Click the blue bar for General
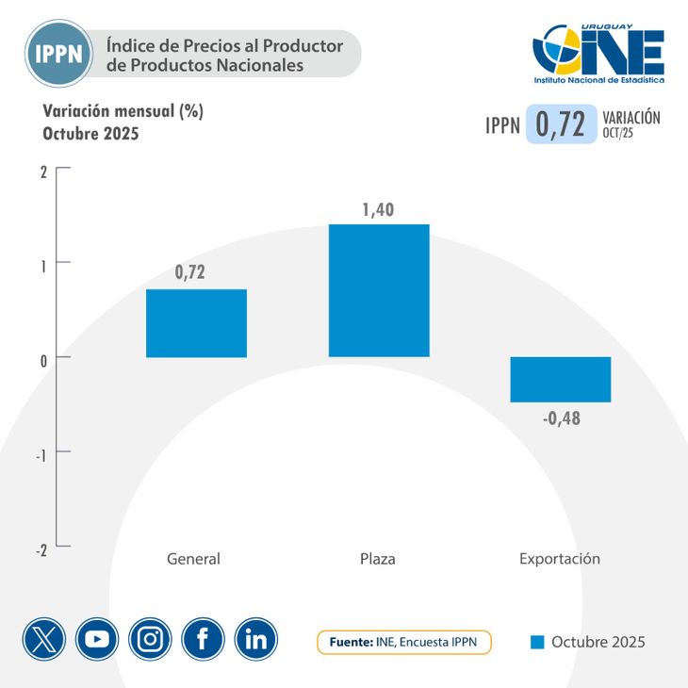tap(196, 323)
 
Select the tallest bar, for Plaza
tap(378, 290)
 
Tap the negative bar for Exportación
tap(561, 380)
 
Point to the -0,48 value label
tap(562, 418)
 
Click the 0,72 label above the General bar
tap(189, 273)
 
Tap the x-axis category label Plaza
tap(378, 559)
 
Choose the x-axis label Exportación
tap(560, 559)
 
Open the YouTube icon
tap(97, 640)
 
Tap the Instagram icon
tap(150, 640)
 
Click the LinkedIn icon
tap(256, 640)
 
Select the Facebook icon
tap(204, 640)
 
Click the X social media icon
tap(44, 640)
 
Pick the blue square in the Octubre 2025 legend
tap(538, 643)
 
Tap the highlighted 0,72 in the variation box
tap(562, 124)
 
